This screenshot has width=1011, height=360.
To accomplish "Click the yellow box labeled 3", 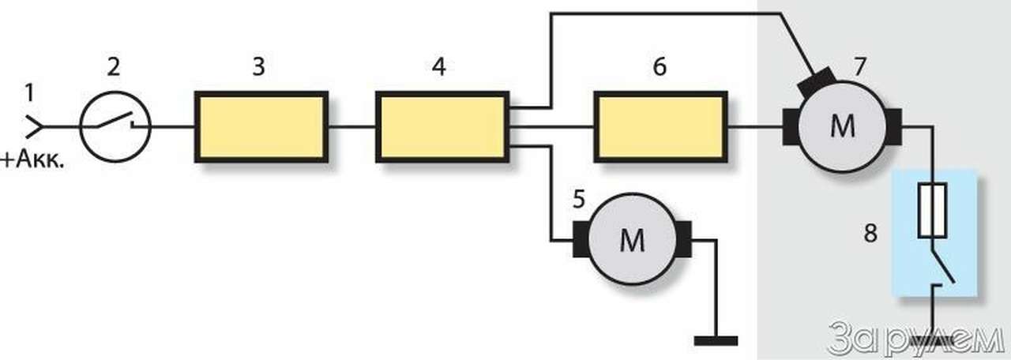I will point(261,126).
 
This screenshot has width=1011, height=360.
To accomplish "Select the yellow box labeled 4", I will point(442,126).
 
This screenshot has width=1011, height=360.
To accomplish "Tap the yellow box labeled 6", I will point(660,126).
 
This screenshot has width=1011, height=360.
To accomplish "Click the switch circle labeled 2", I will point(115,126).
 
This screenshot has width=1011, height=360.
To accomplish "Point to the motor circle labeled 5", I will point(632,241).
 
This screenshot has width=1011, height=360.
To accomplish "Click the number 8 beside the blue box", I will point(870,234).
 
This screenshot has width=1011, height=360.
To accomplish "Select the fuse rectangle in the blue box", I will point(935,212).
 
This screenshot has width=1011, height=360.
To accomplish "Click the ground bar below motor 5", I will point(716,341).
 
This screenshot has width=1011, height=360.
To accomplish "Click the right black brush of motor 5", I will point(683,239).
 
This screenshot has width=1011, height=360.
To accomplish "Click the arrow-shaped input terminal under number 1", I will point(34,126).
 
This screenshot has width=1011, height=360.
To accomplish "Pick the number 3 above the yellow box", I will point(258,68).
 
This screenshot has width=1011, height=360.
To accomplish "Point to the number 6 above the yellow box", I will point(660,68).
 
